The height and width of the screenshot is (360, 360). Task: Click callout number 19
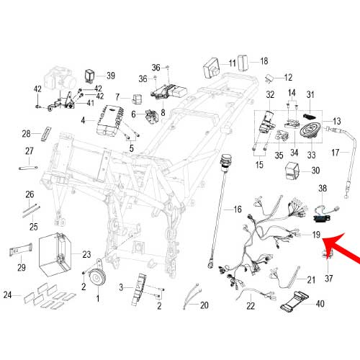pyautogui.click(x=316, y=235)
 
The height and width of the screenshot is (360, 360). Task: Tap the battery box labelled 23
pyautogui.click(x=55, y=254)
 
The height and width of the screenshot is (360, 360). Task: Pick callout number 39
pyautogui.click(x=111, y=76)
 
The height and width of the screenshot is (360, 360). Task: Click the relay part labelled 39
pyautogui.click(x=90, y=76)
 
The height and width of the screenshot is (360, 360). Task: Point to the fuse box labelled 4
pyautogui.click(x=110, y=121)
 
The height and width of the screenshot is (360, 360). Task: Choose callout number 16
pyautogui.click(x=238, y=210)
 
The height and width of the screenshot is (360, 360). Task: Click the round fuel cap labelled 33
pyautogui.click(x=310, y=131)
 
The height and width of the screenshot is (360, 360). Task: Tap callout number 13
pyautogui.click(x=337, y=121)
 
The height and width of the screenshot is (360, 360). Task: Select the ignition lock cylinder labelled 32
pyautogui.click(x=266, y=123)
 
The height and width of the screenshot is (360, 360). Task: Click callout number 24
pyautogui.click(x=7, y=294)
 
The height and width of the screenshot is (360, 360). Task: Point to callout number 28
pyautogui.click(x=26, y=134)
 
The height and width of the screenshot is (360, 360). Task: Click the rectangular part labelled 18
pyautogui.click(x=243, y=63)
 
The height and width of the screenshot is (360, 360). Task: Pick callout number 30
pyautogui.click(x=315, y=171)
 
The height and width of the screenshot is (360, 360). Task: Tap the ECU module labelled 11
pyautogui.click(x=212, y=68)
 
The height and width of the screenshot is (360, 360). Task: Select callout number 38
pyautogui.click(x=323, y=188)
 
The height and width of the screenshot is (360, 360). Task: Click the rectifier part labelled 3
pyautogui.click(x=139, y=289)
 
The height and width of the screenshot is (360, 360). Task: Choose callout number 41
pyautogui.click(x=90, y=103)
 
